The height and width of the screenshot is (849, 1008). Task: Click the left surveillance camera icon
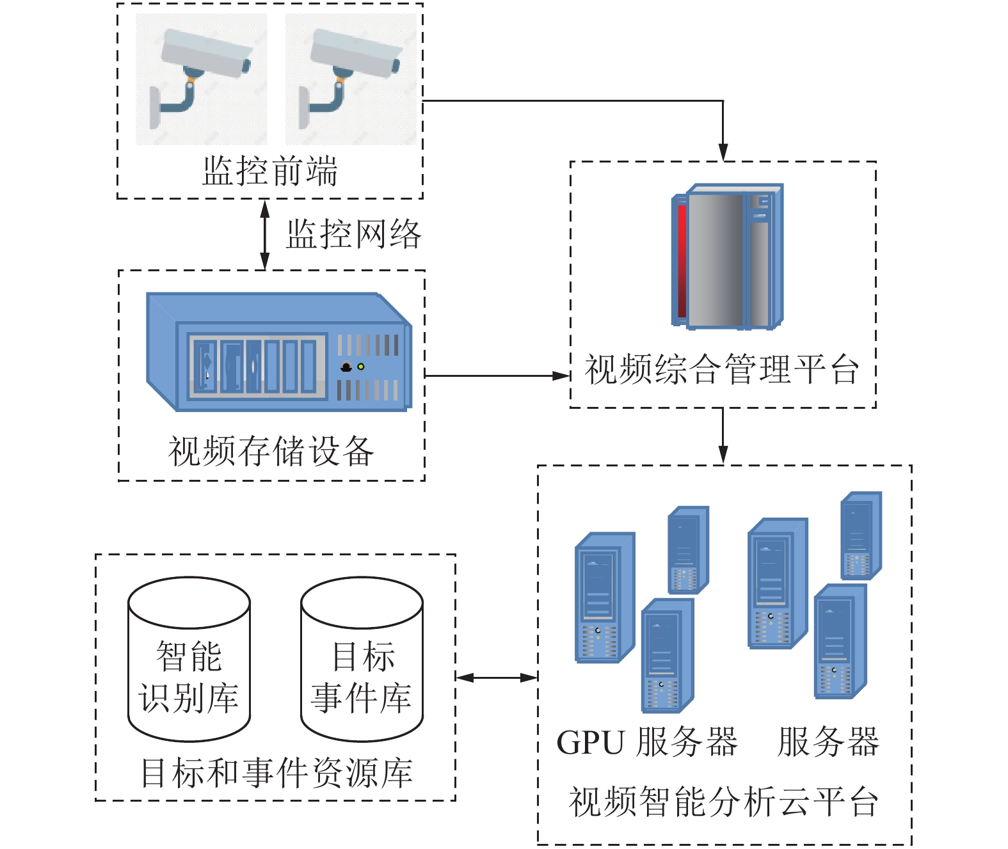(201, 78)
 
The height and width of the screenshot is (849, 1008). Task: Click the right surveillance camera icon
(350, 78)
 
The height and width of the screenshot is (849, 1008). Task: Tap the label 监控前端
(270, 171)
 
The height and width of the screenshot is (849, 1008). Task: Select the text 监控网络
(353, 234)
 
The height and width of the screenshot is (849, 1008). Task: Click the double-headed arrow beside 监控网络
(264, 234)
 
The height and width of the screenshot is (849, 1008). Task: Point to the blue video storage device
(278, 352)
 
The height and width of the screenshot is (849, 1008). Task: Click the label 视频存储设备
(271, 452)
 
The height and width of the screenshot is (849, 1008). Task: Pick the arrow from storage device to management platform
(496, 376)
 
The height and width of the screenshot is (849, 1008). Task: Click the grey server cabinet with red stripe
(728, 257)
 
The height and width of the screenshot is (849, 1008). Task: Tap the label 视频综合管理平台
(722, 370)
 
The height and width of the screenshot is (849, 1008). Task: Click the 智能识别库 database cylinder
(189, 659)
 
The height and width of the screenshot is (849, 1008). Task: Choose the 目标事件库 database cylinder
(362, 659)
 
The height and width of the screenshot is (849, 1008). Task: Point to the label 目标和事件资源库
(276, 773)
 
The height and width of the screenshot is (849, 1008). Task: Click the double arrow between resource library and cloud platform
(497, 677)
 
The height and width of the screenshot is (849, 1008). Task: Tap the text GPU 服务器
(646, 742)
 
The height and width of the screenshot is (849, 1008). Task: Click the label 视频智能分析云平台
(723, 802)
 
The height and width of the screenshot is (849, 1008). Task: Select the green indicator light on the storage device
(361, 367)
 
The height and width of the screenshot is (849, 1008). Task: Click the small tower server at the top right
(861, 536)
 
